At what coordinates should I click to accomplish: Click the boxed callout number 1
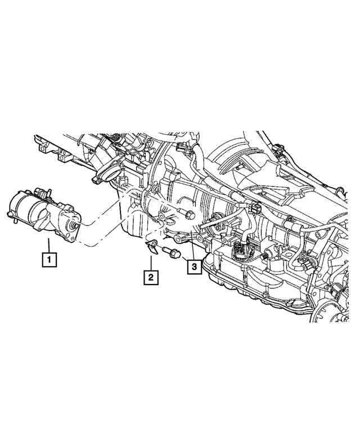(x=49, y=260)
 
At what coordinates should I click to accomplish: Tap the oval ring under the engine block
(x=160, y=216)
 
